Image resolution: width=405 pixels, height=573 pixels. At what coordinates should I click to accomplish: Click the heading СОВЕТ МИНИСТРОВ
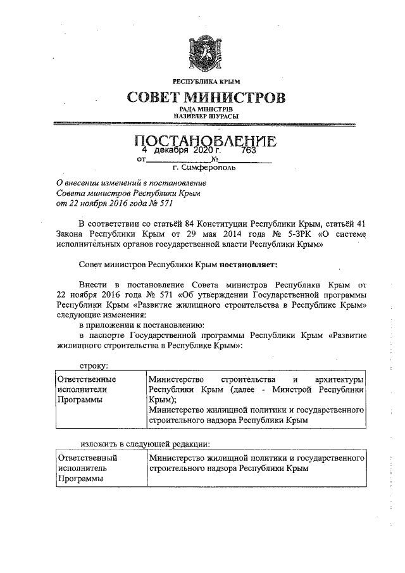click(x=206, y=98)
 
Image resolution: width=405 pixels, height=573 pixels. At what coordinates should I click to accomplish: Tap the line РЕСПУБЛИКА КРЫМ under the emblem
click(x=206, y=81)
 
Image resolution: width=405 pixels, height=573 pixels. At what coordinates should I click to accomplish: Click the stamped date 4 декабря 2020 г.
click(x=181, y=151)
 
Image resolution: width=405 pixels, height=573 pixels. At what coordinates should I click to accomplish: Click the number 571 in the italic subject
click(x=163, y=204)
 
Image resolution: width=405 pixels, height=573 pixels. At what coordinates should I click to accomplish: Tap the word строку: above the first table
click(x=94, y=365)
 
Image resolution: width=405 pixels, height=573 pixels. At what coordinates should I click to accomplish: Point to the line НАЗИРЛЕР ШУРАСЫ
click(x=206, y=116)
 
